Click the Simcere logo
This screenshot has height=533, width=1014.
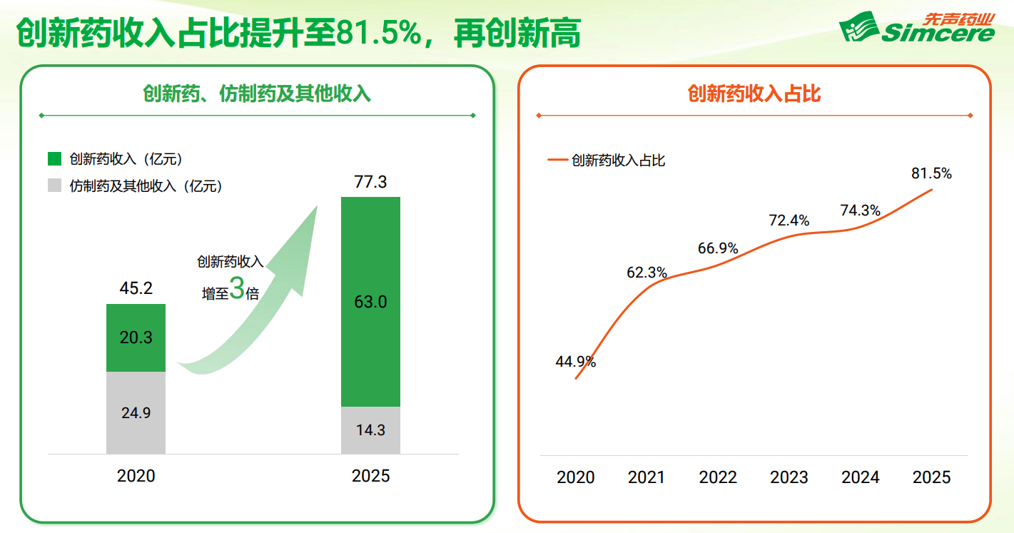click(916, 28)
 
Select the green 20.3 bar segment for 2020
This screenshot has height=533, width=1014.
click(136, 337)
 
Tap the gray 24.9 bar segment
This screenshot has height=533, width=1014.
click(136, 412)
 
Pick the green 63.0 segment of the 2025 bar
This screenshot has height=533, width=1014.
click(370, 302)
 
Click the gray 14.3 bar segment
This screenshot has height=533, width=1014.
click(370, 430)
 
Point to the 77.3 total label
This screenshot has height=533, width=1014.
click(370, 182)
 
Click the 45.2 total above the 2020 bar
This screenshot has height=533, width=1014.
click(136, 288)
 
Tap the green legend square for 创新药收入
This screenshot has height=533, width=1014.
click(54, 159)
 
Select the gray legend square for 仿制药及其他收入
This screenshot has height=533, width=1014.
click(54, 185)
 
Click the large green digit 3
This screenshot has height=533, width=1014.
click(237, 289)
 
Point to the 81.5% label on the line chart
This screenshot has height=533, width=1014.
click(931, 173)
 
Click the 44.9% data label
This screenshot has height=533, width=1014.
click(575, 362)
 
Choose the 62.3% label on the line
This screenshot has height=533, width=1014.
click(647, 273)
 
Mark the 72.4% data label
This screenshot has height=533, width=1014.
click(789, 220)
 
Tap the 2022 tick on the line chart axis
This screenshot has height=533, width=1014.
click(718, 477)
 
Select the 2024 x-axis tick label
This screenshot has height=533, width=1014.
click(860, 477)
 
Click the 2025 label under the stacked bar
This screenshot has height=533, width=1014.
click(370, 476)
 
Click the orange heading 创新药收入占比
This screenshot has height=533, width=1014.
click(754, 94)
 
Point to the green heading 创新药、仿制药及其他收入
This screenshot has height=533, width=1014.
click(257, 94)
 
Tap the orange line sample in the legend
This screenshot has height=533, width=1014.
click(557, 160)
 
